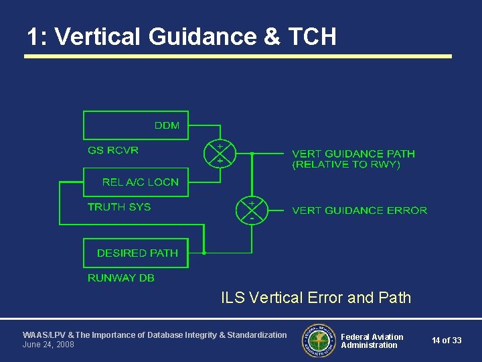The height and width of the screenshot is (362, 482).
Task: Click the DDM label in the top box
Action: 167,125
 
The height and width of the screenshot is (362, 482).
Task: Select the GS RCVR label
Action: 113,150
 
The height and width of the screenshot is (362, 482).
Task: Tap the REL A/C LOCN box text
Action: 141,182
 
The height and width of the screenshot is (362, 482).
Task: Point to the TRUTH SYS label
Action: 119,206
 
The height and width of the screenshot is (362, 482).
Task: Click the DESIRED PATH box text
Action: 137,253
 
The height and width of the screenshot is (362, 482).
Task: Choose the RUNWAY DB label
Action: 121,278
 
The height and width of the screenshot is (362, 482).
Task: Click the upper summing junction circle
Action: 219,154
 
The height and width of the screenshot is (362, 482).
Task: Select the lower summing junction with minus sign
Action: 252,210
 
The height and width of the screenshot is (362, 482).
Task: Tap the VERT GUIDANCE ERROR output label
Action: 359,210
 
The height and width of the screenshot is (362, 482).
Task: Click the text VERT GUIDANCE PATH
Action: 353,154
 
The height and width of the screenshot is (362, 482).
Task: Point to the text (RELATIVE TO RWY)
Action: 346,164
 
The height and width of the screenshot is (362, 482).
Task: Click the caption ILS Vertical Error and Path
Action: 316,298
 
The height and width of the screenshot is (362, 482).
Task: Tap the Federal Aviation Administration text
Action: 372,341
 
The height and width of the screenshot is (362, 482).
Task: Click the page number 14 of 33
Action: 447,341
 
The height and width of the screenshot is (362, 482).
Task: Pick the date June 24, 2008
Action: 48,345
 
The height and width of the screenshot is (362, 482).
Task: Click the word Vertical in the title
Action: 98,36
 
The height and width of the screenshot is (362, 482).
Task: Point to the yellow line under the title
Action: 238,56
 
